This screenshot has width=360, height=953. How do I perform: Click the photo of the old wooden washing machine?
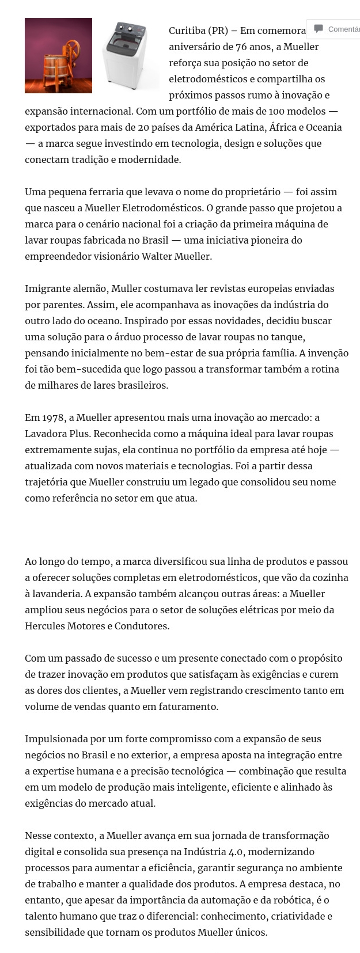pyautogui.click(x=58, y=55)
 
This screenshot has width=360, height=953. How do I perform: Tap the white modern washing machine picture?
pyautogui.click(x=129, y=55)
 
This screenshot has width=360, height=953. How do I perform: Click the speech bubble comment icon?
pyautogui.click(x=319, y=29)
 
